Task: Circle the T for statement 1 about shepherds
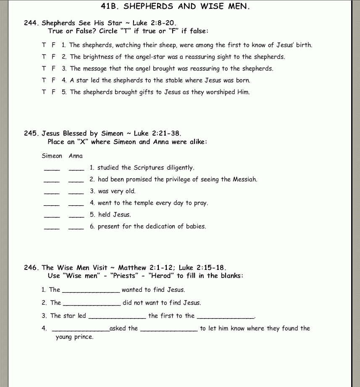coord(44,45)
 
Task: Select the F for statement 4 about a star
coord(53,80)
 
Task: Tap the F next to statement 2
coord(53,57)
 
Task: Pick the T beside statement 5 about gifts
coord(44,92)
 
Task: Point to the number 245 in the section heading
coord(31,133)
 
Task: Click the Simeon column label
coord(52,156)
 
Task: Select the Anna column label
coord(76,156)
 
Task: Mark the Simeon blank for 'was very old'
coord(52,193)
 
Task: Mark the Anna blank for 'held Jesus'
coord(76,216)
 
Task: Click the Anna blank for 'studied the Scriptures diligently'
coord(76,169)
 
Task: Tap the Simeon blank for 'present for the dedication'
coord(52,228)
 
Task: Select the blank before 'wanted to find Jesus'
coord(91,290)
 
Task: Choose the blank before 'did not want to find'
coord(92,303)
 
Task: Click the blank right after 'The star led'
coord(118,316)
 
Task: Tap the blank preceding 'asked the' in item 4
coord(81,329)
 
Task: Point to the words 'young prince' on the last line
coord(74,337)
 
